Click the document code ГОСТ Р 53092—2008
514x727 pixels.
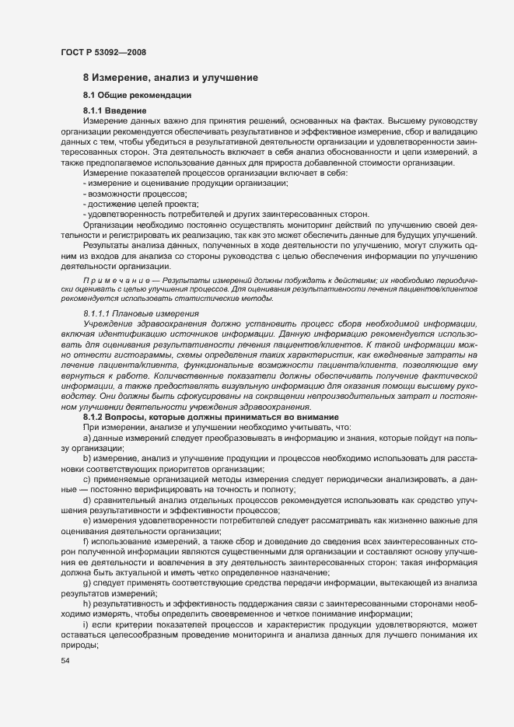pos(103,52)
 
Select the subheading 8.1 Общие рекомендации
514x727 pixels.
pos(137,96)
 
